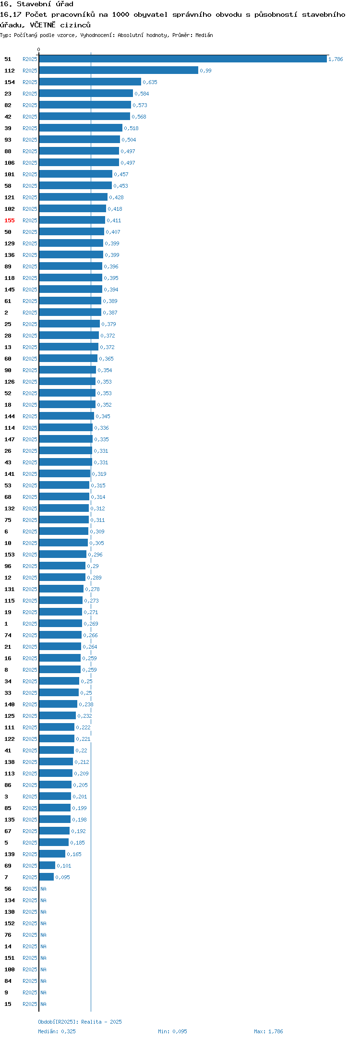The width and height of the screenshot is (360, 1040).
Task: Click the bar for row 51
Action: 183,59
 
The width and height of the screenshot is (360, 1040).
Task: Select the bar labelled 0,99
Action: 119,71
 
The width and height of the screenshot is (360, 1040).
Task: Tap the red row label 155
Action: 10,220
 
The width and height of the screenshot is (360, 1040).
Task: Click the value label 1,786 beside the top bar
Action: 336,59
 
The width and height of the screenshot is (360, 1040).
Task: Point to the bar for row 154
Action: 90,82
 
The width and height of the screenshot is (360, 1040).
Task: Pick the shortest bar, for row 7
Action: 47,877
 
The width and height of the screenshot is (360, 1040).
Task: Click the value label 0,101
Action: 64,866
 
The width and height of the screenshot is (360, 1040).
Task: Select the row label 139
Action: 10,854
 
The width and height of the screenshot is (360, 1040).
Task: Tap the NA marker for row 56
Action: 43,889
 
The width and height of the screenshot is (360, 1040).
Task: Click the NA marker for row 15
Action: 43,1004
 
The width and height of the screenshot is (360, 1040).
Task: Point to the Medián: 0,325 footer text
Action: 57,1031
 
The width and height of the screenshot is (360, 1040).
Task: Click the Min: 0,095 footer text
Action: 172,1031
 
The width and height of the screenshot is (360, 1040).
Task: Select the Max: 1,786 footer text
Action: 268,1031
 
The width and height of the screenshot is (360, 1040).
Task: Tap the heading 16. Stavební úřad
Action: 36,4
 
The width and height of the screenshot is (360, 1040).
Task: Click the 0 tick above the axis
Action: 39,49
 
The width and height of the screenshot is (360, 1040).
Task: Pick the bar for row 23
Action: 86,94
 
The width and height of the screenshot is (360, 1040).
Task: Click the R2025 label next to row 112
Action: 30,71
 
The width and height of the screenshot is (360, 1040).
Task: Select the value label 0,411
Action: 114,220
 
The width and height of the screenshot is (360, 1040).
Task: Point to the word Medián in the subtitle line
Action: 204,35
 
